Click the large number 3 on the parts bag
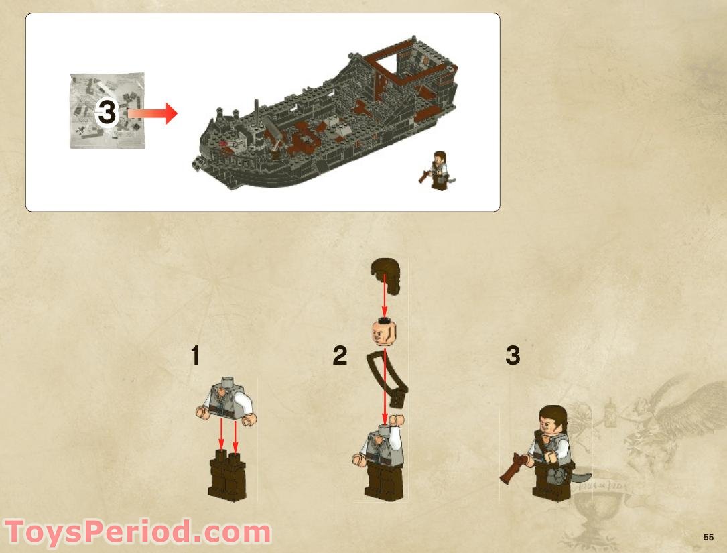(107, 112)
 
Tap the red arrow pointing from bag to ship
(153, 113)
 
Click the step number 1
(195, 356)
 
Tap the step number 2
(340, 356)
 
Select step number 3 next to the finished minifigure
(513, 356)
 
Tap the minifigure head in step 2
(382, 330)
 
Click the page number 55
(709, 537)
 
